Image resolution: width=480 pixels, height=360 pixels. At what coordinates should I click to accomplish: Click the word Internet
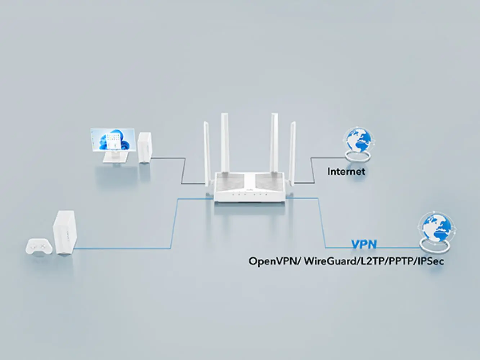pos(346,171)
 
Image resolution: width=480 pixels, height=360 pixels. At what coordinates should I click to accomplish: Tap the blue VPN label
pos(364,245)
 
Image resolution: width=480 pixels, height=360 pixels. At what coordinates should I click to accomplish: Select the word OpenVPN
pos(274,261)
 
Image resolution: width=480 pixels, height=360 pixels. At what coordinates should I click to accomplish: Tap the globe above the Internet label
pos(358,140)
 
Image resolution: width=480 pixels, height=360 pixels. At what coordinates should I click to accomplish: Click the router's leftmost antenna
pos(207,151)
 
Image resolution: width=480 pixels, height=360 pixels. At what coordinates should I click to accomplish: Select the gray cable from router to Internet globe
pos(312,169)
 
